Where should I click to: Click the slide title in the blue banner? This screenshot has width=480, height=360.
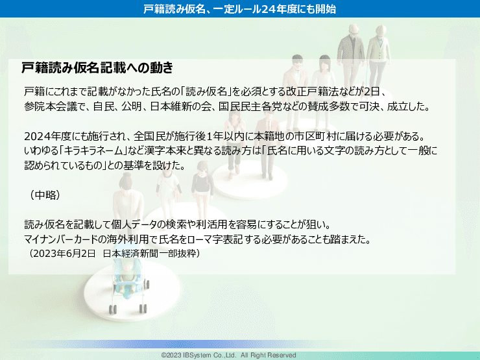coord(240,8)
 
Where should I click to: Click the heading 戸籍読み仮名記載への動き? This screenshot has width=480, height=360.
coord(97,67)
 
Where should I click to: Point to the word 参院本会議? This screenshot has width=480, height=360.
coord(49,104)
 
